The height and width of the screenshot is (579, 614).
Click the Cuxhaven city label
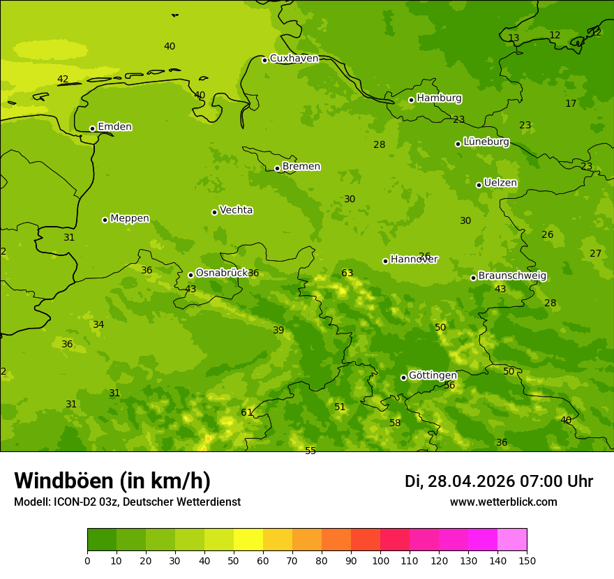tap(294, 59)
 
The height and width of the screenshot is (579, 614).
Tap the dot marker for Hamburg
tap(411, 100)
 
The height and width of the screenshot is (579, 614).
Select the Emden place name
tap(114, 127)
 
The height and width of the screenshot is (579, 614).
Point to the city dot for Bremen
tap(277, 168)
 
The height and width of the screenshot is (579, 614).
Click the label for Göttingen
tap(433, 375)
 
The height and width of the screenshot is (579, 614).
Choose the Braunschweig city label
tap(512, 276)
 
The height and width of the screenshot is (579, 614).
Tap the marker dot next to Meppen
tap(105, 220)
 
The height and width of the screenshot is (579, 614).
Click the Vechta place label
tap(236, 210)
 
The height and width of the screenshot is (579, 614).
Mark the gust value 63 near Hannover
tap(347, 273)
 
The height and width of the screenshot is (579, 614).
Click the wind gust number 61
tap(246, 413)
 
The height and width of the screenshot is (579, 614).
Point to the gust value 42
tap(63, 80)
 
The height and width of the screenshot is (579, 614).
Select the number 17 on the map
tap(571, 104)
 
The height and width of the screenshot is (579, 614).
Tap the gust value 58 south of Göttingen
tap(395, 423)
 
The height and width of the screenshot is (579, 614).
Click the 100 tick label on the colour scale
tap(380, 560)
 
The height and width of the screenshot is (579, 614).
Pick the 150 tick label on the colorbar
tap(527, 560)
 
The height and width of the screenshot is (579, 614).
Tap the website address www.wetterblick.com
tap(503, 502)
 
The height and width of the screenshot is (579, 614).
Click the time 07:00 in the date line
tap(539, 481)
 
